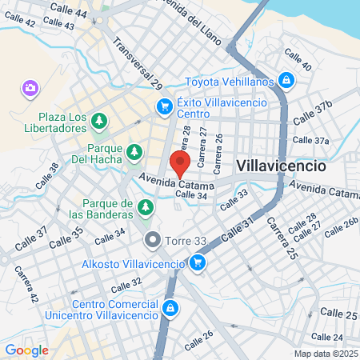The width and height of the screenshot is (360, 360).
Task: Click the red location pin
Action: point(180,162)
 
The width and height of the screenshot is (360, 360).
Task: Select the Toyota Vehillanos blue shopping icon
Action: point(286,80)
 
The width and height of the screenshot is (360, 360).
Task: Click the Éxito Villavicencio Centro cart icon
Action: point(165,106)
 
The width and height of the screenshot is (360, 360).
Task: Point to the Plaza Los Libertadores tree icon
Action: point(98,122)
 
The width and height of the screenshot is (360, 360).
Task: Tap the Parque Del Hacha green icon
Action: point(135,151)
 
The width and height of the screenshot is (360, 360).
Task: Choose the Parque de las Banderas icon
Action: point(145,208)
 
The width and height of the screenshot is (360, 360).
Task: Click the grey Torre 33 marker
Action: point(153,239)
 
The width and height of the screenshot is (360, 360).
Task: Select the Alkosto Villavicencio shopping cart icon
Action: point(197,262)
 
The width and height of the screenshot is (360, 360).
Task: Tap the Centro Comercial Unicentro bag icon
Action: point(170,308)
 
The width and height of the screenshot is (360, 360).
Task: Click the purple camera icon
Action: point(30,87)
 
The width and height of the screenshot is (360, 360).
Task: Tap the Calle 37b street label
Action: point(312,113)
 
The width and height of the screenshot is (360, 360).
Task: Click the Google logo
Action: point(26,350)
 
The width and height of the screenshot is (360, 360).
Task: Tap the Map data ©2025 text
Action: point(324,354)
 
